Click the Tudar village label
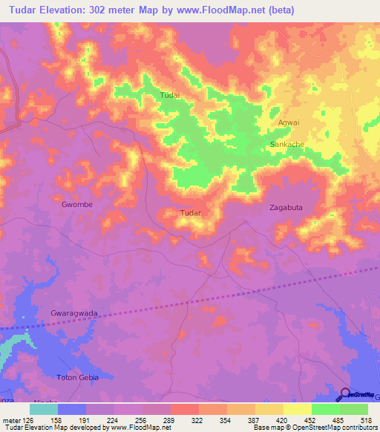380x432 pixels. click(191, 213)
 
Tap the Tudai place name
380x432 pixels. click(171, 95)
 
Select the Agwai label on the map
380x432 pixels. click(288, 122)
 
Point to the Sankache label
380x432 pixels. click(287, 144)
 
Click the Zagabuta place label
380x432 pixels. click(286, 209)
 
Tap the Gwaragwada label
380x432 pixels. click(74, 313)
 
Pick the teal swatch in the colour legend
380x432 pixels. click(44, 409)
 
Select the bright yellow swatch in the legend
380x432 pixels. click(298, 409)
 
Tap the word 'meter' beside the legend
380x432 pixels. click(11, 419)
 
